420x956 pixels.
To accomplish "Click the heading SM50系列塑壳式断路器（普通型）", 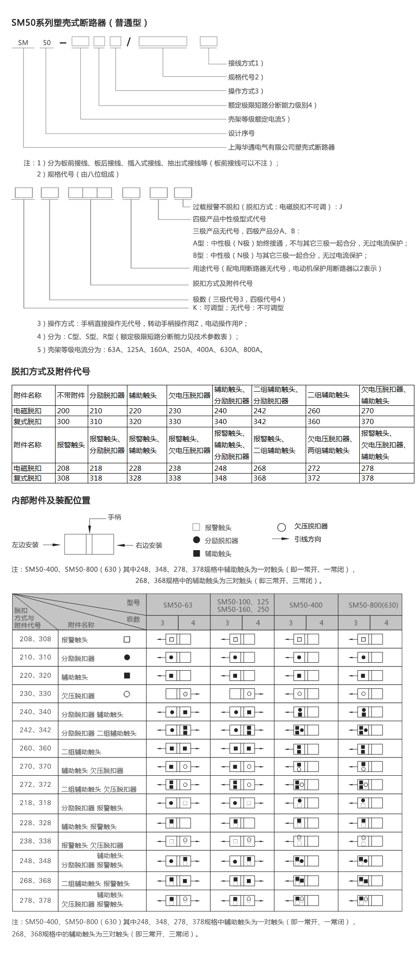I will click(x=80, y=22).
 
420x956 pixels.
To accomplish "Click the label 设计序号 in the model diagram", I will click(x=241, y=134).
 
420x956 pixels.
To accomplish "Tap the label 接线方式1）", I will click(x=245, y=63).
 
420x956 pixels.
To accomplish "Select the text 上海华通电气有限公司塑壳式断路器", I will click(x=281, y=148).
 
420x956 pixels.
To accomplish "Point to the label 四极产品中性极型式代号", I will click(x=229, y=219).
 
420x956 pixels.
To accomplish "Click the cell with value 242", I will click(x=260, y=411).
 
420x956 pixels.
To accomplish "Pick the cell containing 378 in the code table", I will click(x=368, y=478).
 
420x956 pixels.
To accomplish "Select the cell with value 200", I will click(x=63, y=411).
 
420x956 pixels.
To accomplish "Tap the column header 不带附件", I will click(x=71, y=396).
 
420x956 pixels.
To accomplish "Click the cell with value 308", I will click(x=63, y=478).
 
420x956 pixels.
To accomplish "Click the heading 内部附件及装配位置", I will click(x=51, y=501).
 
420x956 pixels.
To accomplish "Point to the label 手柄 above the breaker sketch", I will click(x=114, y=517).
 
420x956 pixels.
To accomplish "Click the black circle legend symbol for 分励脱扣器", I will click(x=196, y=540).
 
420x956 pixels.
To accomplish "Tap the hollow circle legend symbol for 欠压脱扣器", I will click(x=281, y=528).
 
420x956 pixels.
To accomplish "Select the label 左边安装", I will click(x=25, y=545).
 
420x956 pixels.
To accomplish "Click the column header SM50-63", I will click(x=178, y=605).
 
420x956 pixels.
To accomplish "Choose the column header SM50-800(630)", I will click(x=373, y=605).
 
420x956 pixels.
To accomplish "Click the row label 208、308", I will click(x=35, y=639).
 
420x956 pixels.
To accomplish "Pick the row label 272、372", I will click(x=35, y=785).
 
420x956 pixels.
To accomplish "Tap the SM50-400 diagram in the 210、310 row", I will click(x=306, y=658).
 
